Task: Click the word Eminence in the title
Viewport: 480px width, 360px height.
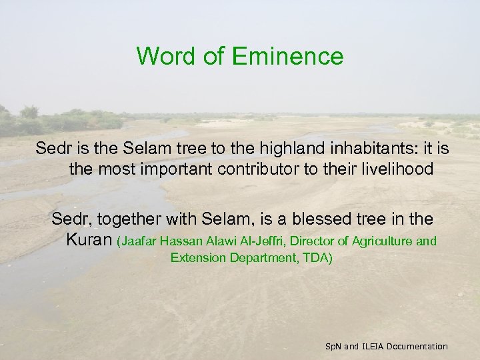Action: click(289, 56)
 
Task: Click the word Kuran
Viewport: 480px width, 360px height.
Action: click(89, 240)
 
